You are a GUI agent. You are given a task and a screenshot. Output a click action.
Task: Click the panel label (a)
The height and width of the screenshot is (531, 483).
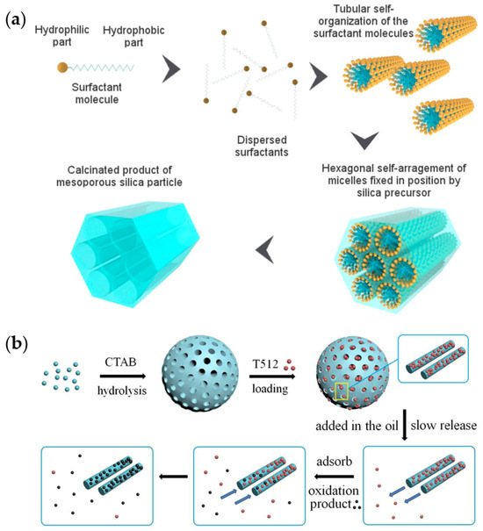pyautogui.click(x=16, y=17)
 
